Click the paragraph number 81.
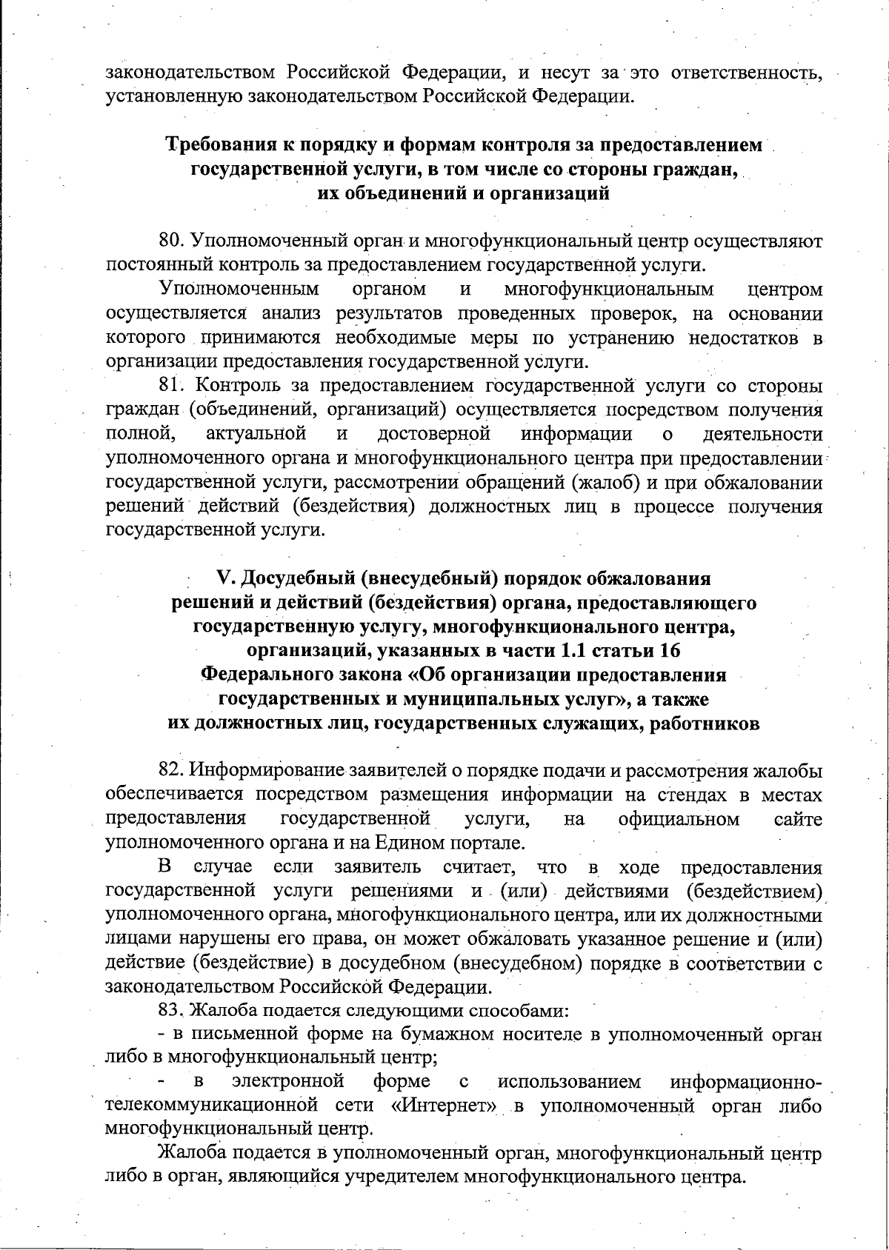point(170,386)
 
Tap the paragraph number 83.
point(170,1011)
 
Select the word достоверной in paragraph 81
point(433,434)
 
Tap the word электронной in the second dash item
point(288,1083)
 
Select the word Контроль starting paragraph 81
point(227,386)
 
